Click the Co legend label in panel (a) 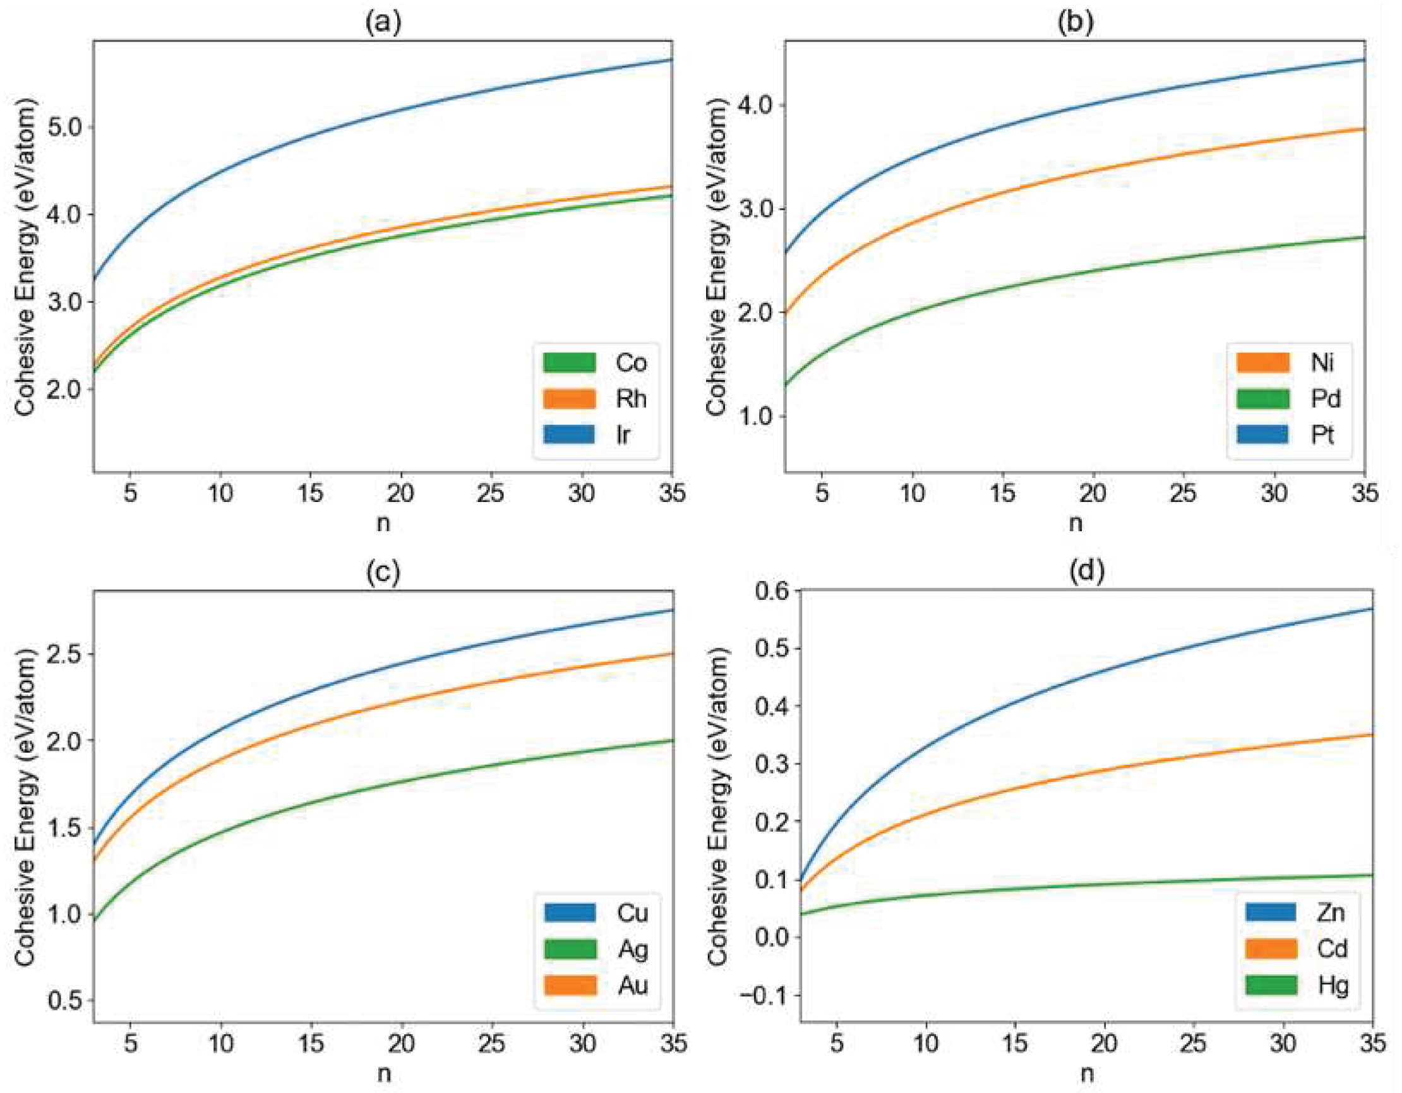[x=630, y=362]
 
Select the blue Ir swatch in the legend [x=570, y=434]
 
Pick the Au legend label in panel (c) [x=632, y=985]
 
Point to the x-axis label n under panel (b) [x=1075, y=523]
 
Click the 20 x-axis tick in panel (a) [x=401, y=494]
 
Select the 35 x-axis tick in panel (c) [x=672, y=1043]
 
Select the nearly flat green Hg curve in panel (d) [x=1091, y=885]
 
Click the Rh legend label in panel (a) [x=630, y=398]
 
